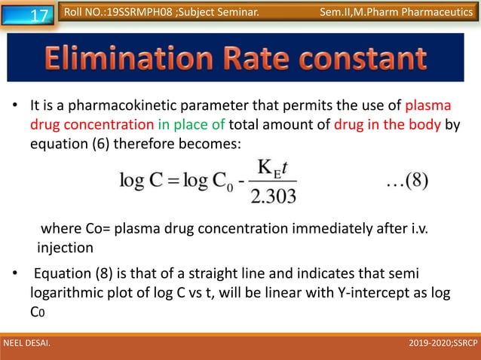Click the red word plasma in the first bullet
point(428,105)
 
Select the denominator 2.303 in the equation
point(272,197)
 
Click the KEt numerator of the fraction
point(273,171)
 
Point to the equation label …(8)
point(407,183)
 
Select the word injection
point(65,247)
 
